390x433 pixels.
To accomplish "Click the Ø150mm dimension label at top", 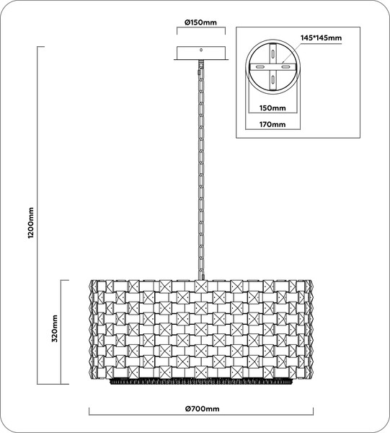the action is click(201, 22).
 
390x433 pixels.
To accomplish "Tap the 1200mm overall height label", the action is click(31, 223).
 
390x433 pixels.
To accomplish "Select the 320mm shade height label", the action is click(55, 328).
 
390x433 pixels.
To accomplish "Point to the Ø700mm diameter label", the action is click(203, 408).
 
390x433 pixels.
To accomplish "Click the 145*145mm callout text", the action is click(321, 38).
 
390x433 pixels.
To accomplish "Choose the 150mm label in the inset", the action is click(272, 108).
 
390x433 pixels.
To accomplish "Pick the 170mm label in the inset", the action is click(272, 124).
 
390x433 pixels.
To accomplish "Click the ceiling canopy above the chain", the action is click(201, 53).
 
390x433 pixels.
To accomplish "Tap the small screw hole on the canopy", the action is click(201, 50).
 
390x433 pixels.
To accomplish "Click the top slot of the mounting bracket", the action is click(272, 53).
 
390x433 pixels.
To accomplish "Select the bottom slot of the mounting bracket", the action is click(272, 80).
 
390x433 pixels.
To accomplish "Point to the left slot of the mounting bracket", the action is click(260, 67).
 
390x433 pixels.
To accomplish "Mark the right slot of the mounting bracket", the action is click(285, 67).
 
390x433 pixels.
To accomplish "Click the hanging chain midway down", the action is click(201, 171).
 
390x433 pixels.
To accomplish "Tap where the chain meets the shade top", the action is click(202, 279).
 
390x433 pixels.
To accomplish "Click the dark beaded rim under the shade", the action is click(201, 381).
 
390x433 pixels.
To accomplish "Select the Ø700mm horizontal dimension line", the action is click(201, 415).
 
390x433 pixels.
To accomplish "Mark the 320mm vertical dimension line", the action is click(61, 332).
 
